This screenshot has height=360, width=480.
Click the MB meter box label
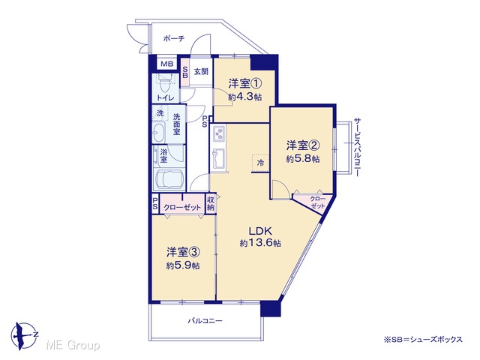(167, 64)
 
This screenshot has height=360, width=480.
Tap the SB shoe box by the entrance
(185, 72)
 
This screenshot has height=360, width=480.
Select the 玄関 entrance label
(201, 72)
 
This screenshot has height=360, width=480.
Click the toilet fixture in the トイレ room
(166, 83)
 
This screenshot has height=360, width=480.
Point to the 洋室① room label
(245, 84)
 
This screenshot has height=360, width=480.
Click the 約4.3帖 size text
(245, 97)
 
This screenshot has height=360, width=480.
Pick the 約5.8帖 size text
(303, 159)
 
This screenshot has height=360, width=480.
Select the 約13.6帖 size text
(260, 243)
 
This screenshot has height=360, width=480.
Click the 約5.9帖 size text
(183, 265)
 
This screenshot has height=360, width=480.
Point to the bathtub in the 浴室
(169, 180)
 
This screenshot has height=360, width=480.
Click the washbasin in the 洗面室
(158, 133)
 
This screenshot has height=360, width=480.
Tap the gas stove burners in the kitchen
(219, 133)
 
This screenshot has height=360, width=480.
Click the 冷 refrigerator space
(260, 163)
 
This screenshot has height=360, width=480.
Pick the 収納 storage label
(210, 203)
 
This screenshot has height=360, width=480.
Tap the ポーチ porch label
(174, 38)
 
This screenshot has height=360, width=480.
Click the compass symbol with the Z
(24, 335)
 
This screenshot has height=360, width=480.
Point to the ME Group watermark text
(73, 346)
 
